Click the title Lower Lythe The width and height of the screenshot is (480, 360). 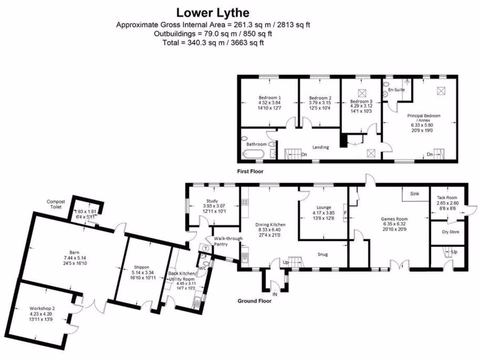[212, 12]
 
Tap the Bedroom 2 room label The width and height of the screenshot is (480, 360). [320, 98]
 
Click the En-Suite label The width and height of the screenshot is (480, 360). [397, 90]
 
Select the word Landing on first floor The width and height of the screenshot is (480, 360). [321, 147]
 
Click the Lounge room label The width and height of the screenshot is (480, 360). [323, 207]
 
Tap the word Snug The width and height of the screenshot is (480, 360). [322, 255]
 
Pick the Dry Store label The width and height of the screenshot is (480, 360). [450, 232]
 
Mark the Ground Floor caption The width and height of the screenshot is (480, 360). [255, 301]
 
